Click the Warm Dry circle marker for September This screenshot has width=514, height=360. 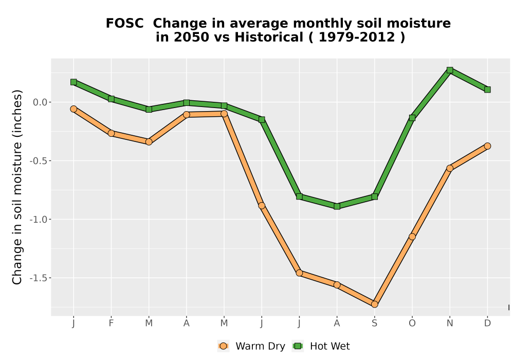[374, 304]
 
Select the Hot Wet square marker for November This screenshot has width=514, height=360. [450, 70]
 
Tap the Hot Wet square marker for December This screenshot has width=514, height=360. [487, 89]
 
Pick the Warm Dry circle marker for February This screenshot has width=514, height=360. [111, 133]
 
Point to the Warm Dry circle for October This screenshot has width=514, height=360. [412, 237]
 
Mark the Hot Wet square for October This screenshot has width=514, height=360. [412, 118]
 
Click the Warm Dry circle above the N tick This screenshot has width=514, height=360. [450, 168]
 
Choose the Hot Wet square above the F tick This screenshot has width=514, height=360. [111, 99]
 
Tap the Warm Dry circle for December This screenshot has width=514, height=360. [487, 146]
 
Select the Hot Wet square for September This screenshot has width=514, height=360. [374, 197]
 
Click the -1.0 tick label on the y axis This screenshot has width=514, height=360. [39, 220]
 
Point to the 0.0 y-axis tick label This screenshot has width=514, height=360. [40, 102]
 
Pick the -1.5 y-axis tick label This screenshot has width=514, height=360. [39, 278]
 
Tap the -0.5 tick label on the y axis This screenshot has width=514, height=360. [39, 160]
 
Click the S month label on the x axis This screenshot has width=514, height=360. [374, 323]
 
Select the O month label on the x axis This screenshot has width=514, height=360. [412, 323]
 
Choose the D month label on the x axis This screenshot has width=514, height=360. [487, 323]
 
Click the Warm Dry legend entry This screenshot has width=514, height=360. [251, 346]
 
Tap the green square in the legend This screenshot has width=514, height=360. [298, 346]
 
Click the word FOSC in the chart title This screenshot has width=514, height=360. [124, 23]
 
